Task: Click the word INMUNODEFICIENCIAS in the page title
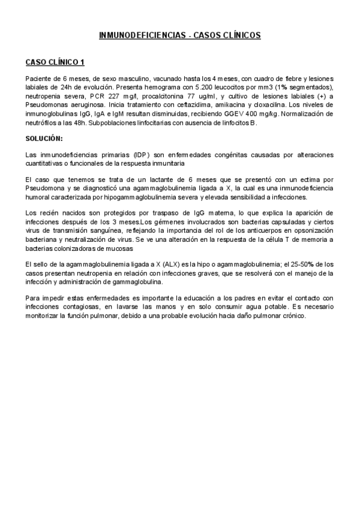(141, 36)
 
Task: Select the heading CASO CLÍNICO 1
(55, 62)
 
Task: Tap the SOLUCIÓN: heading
(44, 138)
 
